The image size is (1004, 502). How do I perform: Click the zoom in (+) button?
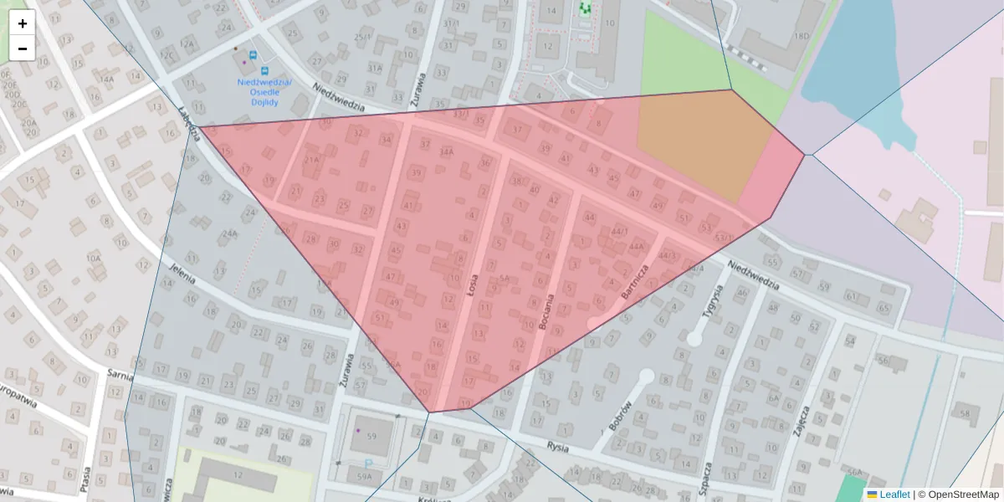(x=23, y=23)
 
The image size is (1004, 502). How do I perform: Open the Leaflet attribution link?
(x=894, y=494)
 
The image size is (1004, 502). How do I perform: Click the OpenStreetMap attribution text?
(x=963, y=494)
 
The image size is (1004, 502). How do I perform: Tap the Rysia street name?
(x=558, y=447)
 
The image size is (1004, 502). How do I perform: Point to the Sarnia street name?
(x=120, y=375)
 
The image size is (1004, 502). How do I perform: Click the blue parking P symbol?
(x=368, y=463)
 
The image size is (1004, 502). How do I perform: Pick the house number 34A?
(x=447, y=151)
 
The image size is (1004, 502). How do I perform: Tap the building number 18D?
(x=802, y=36)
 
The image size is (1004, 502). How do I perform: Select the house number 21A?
(x=312, y=159)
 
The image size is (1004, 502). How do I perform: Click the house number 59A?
(x=364, y=476)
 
